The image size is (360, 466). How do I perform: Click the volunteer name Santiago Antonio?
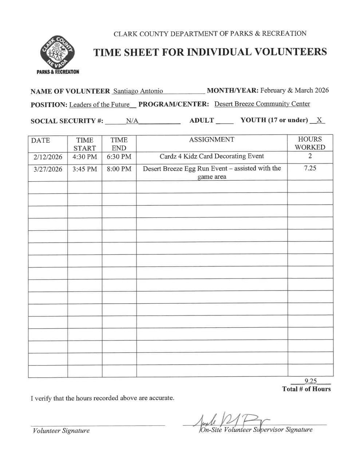(138, 91)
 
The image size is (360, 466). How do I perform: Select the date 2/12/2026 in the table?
(48, 157)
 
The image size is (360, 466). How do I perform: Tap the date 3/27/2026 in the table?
(48, 169)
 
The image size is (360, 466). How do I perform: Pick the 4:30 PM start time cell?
(84, 157)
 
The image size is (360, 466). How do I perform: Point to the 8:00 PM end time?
(119, 169)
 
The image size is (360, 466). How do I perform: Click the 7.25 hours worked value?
(310, 169)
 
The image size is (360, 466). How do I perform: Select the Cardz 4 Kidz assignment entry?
(211, 156)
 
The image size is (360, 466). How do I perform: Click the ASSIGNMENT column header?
(211, 139)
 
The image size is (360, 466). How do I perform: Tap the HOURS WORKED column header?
(310, 143)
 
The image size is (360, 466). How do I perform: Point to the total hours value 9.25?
(310, 381)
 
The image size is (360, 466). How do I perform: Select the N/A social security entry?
(132, 121)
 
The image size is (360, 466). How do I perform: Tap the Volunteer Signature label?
(61, 431)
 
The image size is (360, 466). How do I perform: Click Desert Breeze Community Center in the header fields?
(262, 104)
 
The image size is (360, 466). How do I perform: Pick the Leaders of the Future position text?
(99, 105)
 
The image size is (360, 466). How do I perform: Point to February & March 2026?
(294, 90)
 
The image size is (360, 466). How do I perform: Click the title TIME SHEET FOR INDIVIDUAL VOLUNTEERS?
(210, 52)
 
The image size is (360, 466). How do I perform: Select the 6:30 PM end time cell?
(119, 157)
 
